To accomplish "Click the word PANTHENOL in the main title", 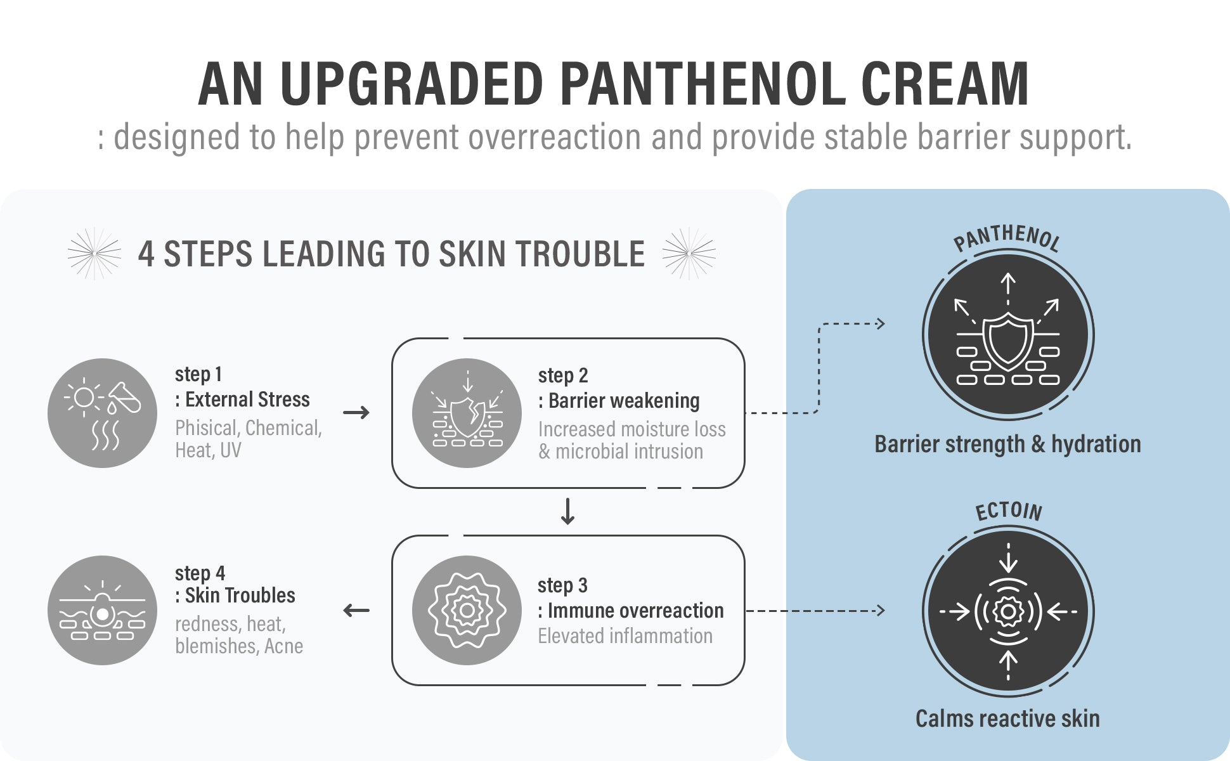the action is (702, 84).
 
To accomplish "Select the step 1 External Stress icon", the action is (102, 413).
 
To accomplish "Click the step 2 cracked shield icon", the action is (467, 413).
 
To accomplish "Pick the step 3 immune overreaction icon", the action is (467, 610).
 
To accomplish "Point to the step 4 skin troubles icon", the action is (102, 610).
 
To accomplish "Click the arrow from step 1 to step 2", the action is (356, 413).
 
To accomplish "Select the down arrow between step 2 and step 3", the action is (567, 511).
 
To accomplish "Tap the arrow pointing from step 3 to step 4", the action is (356, 611).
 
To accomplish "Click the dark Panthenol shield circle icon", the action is (1008, 334).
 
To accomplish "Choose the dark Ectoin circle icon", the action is (1008, 611).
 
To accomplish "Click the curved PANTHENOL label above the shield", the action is (1007, 238).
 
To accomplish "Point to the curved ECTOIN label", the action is (1008, 511).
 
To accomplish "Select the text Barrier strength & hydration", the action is (1007, 444).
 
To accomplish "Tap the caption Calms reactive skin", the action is (1007, 719).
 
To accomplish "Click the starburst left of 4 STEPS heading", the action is (94, 254).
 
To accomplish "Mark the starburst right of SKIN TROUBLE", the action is (689, 254).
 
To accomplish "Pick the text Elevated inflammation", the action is (625, 635).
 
